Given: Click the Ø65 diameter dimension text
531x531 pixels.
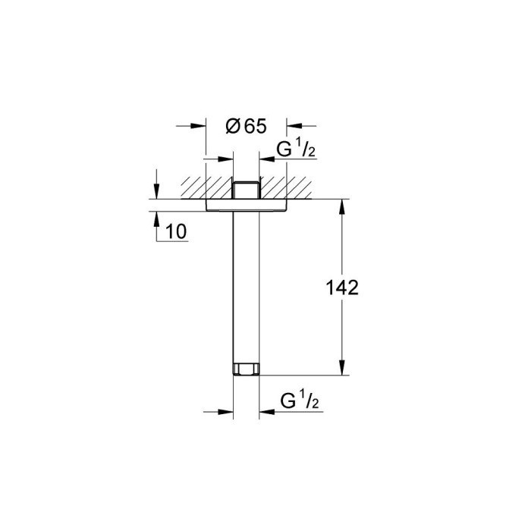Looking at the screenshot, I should click(x=246, y=127).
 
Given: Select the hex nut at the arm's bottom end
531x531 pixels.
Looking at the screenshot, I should click(x=245, y=370).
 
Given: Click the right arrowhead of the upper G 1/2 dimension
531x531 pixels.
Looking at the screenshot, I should click(x=265, y=160).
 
